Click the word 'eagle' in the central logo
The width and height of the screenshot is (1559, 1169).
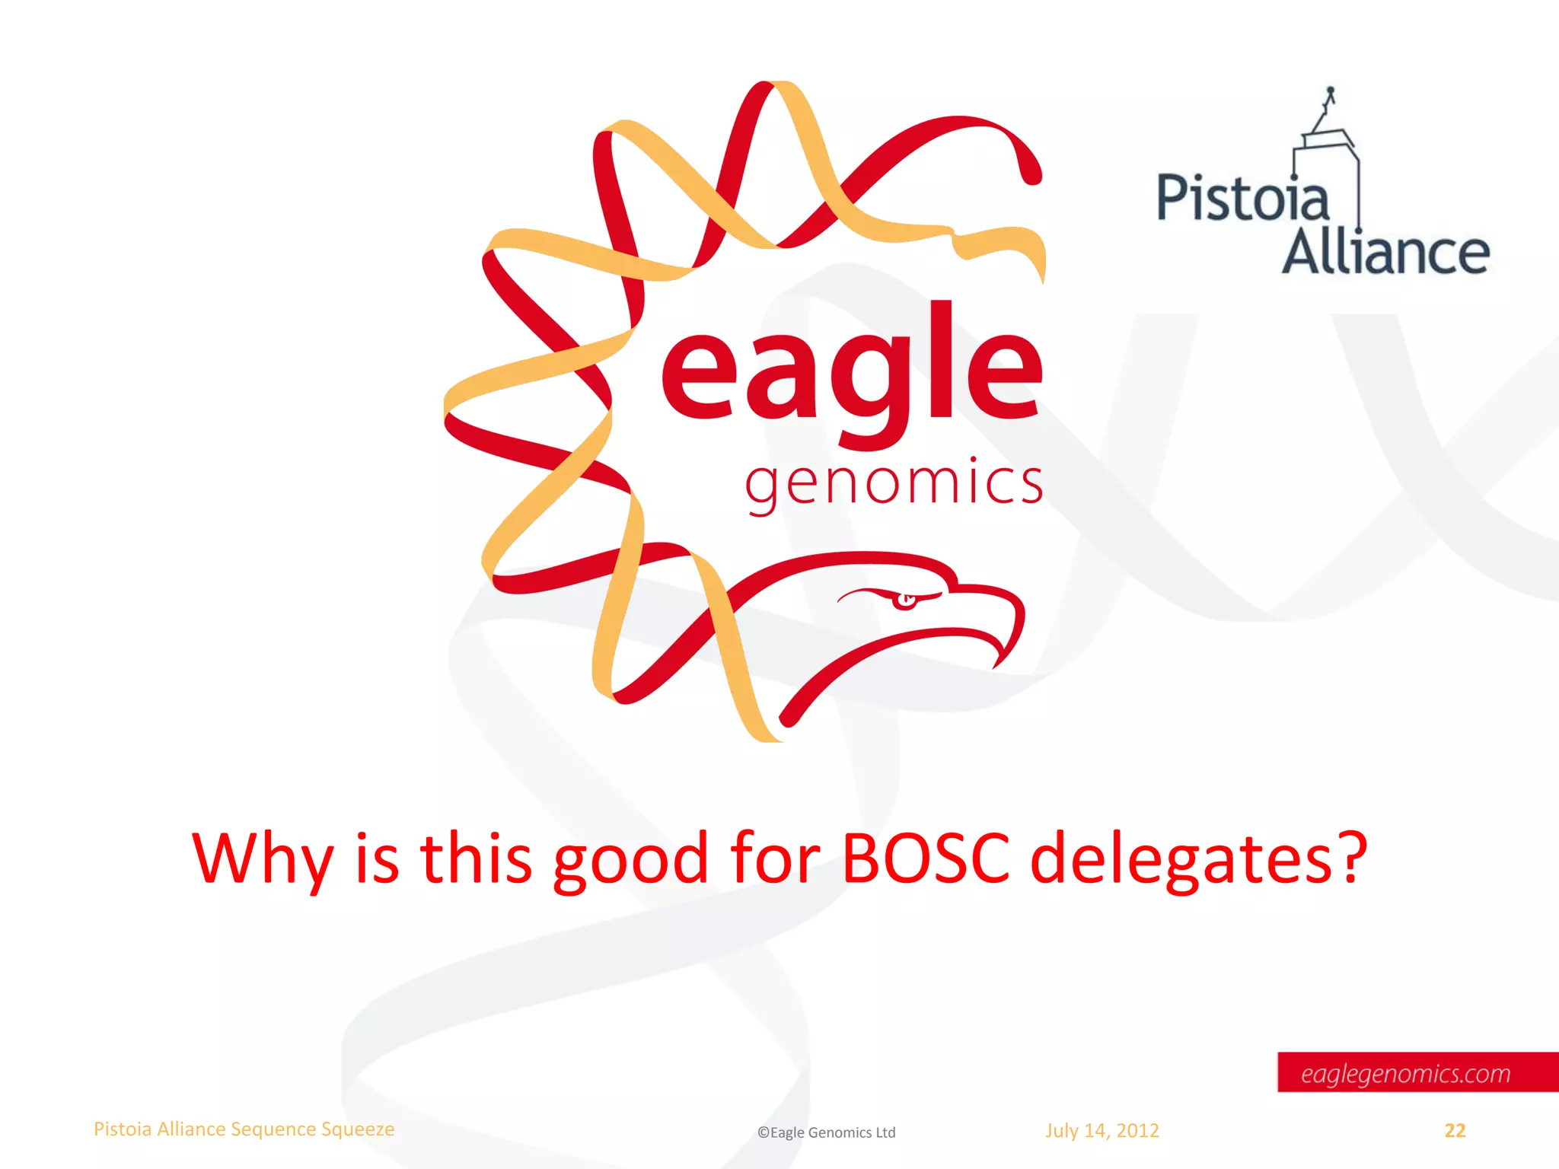tap(851, 373)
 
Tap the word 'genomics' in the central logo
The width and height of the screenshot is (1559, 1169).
tap(894, 484)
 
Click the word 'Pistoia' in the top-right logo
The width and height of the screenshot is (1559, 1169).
tap(1242, 199)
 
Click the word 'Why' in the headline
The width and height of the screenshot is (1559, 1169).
tap(263, 860)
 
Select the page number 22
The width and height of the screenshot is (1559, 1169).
tap(1455, 1131)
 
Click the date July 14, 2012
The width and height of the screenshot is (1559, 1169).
tap(1102, 1131)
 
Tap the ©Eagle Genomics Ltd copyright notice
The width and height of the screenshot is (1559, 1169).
tap(826, 1132)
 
